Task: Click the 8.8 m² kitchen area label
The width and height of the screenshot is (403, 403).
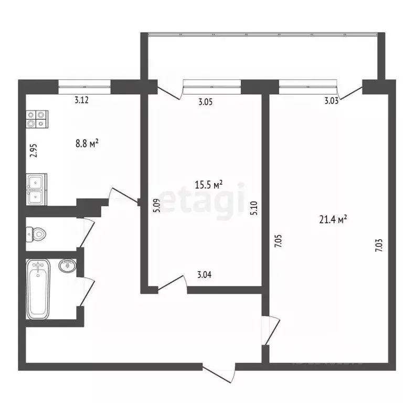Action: [x=88, y=142]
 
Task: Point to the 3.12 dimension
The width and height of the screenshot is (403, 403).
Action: [x=81, y=101]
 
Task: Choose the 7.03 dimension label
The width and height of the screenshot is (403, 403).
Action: [x=379, y=245]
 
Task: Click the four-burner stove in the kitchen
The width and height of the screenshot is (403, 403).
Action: [x=36, y=119]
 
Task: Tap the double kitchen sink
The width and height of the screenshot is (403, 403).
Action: [x=36, y=189]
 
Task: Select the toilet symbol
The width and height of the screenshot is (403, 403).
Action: [x=36, y=234]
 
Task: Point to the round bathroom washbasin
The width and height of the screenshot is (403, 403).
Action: [x=67, y=267]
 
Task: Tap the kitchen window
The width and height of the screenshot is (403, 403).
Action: [x=84, y=83]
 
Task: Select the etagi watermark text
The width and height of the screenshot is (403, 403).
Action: [x=202, y=200]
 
